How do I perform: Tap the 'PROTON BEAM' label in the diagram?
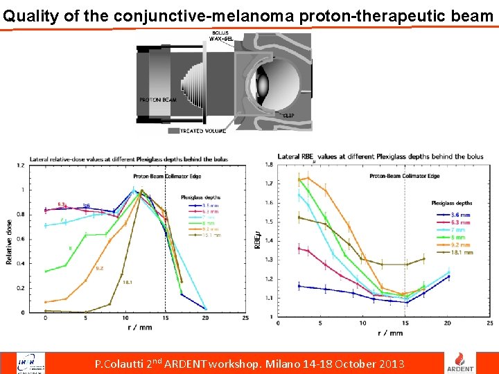coord(158,100)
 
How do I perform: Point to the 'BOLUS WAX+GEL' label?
coord(222,37)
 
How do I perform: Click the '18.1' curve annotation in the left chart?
coord(128,283)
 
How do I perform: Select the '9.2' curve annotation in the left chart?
coord(99,268)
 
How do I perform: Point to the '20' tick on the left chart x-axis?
coord(205,318)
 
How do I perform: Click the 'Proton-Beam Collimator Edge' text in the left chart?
coord(161,176)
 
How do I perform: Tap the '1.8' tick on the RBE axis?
coord(268,164)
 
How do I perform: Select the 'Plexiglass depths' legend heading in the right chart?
coord(451,203)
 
